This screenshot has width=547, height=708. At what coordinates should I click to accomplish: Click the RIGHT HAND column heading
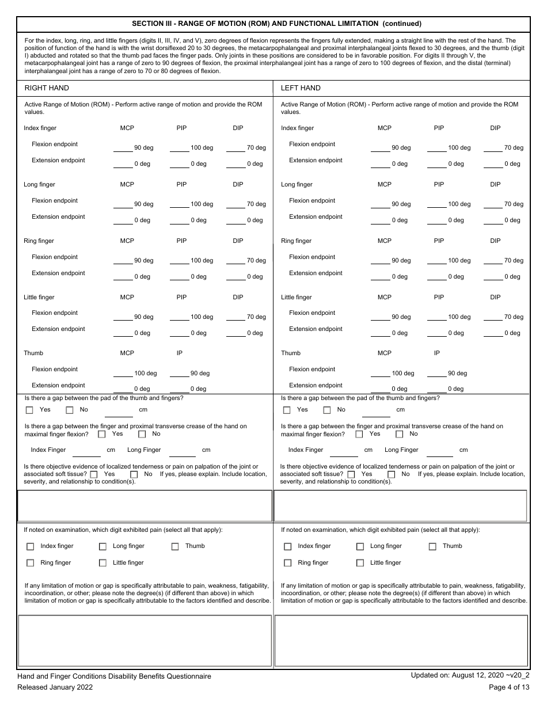(47, 88)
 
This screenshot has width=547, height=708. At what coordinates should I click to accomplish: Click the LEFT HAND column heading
(301, 88)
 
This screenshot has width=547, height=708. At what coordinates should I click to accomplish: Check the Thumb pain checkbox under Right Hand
(174, 547)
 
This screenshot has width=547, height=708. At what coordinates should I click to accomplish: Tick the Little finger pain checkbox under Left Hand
(360, 563)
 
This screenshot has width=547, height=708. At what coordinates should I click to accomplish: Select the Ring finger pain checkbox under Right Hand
(30, 563)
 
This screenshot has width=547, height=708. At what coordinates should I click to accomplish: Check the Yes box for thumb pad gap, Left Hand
(287, 410)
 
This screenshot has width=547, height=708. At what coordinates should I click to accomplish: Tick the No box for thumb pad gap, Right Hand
(70, 410)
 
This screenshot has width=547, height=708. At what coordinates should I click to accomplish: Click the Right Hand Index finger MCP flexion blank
(123, 149)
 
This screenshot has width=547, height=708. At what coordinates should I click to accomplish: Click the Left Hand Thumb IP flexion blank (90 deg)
(438, 374)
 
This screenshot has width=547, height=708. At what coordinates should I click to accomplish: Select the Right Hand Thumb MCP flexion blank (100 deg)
(123, 374)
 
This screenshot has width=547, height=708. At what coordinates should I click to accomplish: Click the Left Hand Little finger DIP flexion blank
(493, 318)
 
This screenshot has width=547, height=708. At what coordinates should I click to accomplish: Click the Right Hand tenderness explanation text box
(145, 505)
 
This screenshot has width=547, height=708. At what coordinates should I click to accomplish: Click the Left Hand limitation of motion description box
(401, 641)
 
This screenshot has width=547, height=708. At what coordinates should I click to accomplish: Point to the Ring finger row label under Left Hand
(296, 241)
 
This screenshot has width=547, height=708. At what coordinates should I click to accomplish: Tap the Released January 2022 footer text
(55, 687)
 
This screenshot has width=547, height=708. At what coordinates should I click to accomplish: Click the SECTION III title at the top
(276, 24)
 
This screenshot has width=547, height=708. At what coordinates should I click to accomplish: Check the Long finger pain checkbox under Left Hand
(360, 547)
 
